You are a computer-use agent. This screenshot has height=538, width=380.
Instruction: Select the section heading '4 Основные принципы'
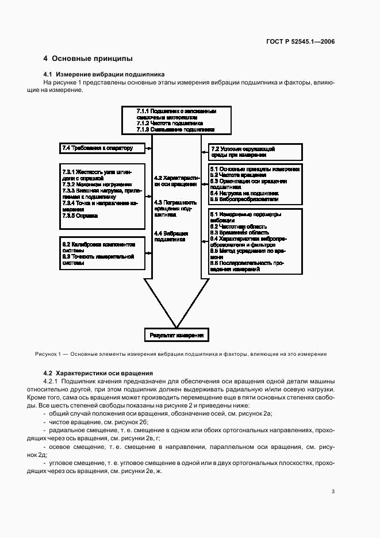(88, 59)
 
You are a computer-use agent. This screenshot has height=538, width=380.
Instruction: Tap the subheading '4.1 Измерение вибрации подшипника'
(104, 74)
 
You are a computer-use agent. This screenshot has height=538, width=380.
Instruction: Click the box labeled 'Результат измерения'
(176, 335)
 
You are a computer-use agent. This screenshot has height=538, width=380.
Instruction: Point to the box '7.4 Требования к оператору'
(97, 148)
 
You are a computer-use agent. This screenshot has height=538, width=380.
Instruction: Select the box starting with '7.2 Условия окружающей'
(255, 152)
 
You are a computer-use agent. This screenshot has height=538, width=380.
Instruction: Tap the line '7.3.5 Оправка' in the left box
(80, 216)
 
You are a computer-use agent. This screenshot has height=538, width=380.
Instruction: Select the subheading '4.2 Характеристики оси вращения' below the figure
(98, 373)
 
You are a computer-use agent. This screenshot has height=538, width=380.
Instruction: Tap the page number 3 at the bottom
(333, 491)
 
